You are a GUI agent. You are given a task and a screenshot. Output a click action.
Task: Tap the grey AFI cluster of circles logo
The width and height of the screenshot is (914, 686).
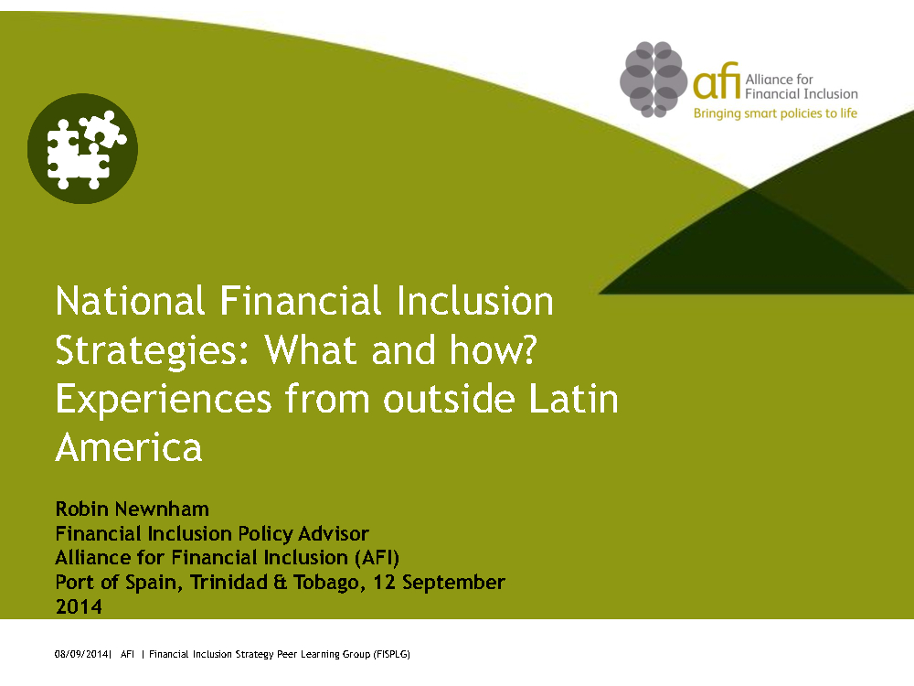(654, 80)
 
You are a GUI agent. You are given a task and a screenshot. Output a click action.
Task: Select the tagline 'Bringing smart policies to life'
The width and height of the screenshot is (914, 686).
(775, 113)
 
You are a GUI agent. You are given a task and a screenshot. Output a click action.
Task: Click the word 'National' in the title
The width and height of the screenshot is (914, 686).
(130, 301)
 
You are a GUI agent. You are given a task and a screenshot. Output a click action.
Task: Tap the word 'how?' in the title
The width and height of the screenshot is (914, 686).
(494, 349)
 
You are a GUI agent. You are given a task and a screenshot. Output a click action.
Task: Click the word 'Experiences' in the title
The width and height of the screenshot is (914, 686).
(164, 401)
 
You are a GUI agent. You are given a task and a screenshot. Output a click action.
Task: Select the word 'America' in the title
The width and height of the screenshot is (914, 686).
(129, 447)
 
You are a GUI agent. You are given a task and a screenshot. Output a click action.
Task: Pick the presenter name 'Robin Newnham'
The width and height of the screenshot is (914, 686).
(133, 509)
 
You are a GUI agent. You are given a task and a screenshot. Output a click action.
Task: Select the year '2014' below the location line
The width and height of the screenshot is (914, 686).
(79, 606)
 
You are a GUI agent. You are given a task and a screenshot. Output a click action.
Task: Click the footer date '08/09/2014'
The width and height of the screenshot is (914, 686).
(81, 655)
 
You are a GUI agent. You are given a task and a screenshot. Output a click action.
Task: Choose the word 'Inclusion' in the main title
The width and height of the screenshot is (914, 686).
(475, 301)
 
